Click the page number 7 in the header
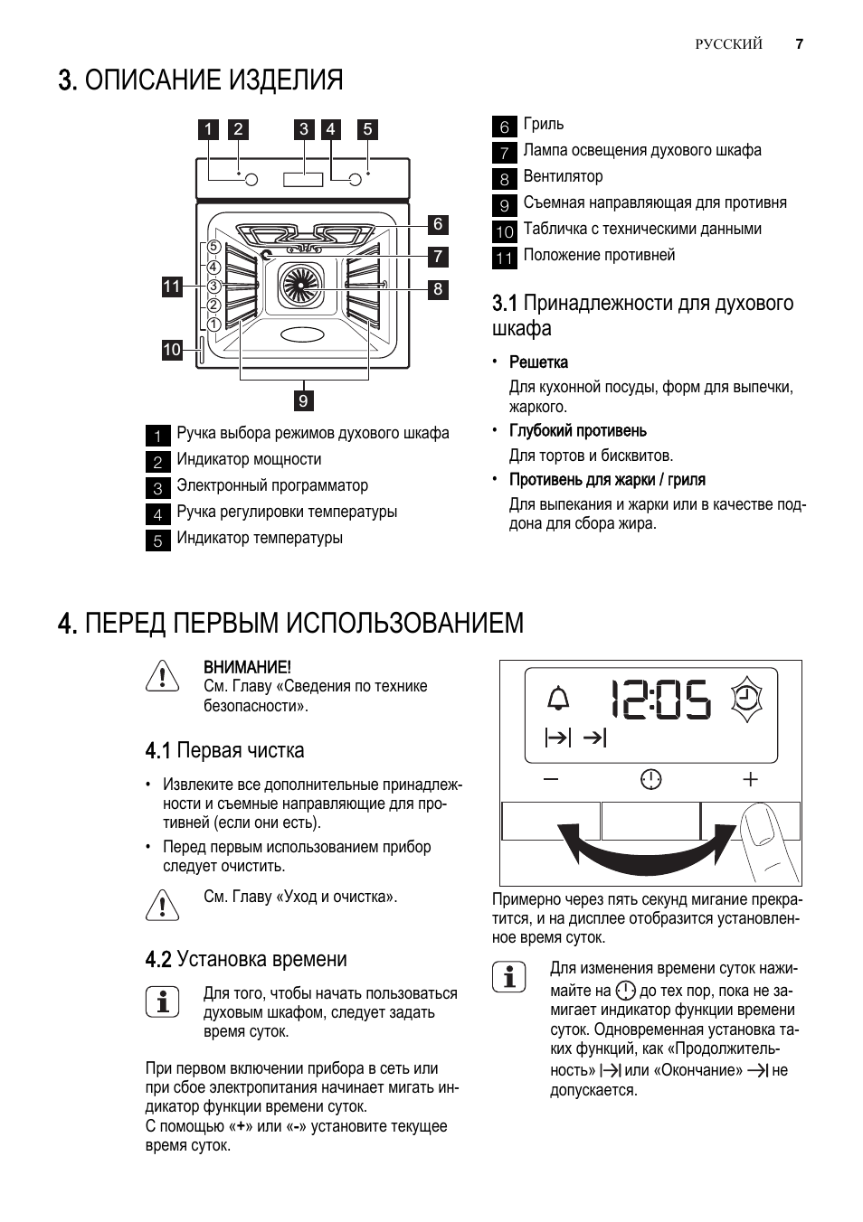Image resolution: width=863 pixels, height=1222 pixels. click(799, 44)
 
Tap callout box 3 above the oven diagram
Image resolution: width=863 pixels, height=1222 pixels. click(304, 129)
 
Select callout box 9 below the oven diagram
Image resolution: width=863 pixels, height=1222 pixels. click(303, 400)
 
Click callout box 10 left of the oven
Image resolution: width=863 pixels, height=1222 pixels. click(172, 350)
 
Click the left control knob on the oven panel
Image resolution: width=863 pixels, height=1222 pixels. click(251, 179)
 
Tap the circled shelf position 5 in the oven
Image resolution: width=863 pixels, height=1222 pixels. click(213, 247)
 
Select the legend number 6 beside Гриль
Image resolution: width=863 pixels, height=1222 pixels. click(504, 127)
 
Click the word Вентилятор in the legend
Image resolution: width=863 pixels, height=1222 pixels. click(563, 176)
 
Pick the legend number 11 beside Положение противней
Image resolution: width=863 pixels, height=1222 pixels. click(504, 258)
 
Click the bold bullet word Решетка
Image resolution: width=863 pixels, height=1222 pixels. click(538, 362)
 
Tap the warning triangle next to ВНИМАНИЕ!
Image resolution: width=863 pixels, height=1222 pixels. click(161, 676)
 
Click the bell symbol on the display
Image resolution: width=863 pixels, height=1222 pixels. click(559, 699)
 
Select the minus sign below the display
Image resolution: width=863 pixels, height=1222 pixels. click(551, 778)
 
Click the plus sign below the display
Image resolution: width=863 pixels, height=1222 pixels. click(750, 778)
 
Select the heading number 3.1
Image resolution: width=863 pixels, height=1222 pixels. click(505, 303)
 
